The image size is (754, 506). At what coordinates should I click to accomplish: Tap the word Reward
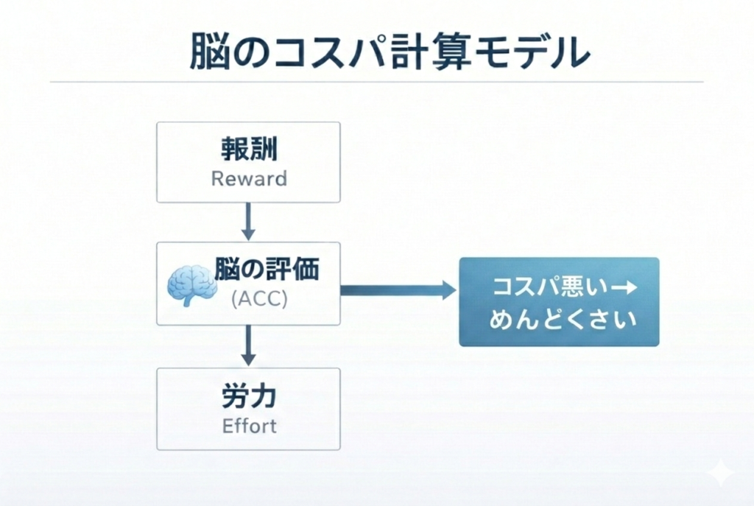248,179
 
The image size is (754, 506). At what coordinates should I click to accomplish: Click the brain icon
191,286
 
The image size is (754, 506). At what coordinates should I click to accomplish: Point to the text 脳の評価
267,270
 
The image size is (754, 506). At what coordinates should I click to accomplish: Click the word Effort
248,426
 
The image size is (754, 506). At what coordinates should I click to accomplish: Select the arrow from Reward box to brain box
248,221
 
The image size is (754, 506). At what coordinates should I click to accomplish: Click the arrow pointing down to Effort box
248,345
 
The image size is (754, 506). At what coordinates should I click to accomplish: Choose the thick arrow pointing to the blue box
398,290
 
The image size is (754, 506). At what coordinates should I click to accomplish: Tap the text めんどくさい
558,320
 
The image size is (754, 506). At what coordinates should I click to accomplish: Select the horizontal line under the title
377,82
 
